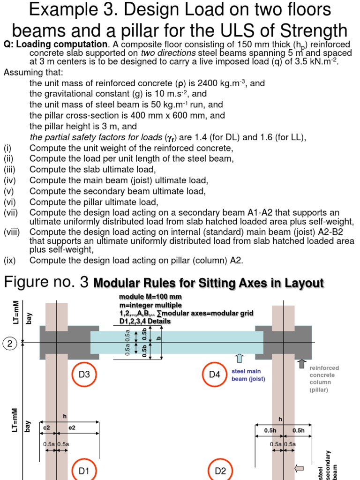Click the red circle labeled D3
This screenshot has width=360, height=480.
tap(84, 375)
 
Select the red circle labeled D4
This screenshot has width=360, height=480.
tap(214, 375)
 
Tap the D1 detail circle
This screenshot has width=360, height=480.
tap(84, 470)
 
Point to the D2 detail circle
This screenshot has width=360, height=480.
tap(220, 470)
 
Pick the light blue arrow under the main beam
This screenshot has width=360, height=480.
tap(240, 359)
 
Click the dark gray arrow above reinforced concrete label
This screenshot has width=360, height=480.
tap(301, 363)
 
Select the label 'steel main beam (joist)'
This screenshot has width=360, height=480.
tap(248, 375)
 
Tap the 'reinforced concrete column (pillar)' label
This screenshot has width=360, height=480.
tap(324, 379)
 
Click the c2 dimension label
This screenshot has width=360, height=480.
tap(47, 427)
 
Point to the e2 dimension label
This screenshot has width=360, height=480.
tap(72, 427)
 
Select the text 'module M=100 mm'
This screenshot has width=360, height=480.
tap(150, 297)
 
